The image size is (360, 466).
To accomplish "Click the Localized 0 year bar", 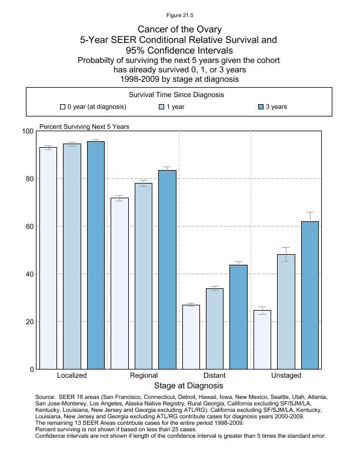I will pyautogui.click(x=48, y=258).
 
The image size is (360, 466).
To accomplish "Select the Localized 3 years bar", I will pyautogui.click(x=96, y=255).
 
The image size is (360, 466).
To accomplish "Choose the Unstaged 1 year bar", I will pyautogui.click(x=286, y=312).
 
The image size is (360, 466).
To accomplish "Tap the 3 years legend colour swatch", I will pyautogui.click(x=261, y=107).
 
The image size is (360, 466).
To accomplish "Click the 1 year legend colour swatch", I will pyautogui.click(x=162, y=107).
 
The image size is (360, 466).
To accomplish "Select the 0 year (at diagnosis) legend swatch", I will pyautogui.click(x=62, y=107).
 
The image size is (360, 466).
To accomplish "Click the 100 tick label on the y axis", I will pyautogui.click(x=28, y=131).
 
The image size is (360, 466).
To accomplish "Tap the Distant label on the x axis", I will pyautogui.click(x=215, y=375).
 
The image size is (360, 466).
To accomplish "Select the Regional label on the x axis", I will pyautogui.click(x=144, y=375).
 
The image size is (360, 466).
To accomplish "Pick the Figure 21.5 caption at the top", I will pyautogui.click(x=179, y=15).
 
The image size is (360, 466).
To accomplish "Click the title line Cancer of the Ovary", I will pyautogui.click(x=179, y=29).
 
